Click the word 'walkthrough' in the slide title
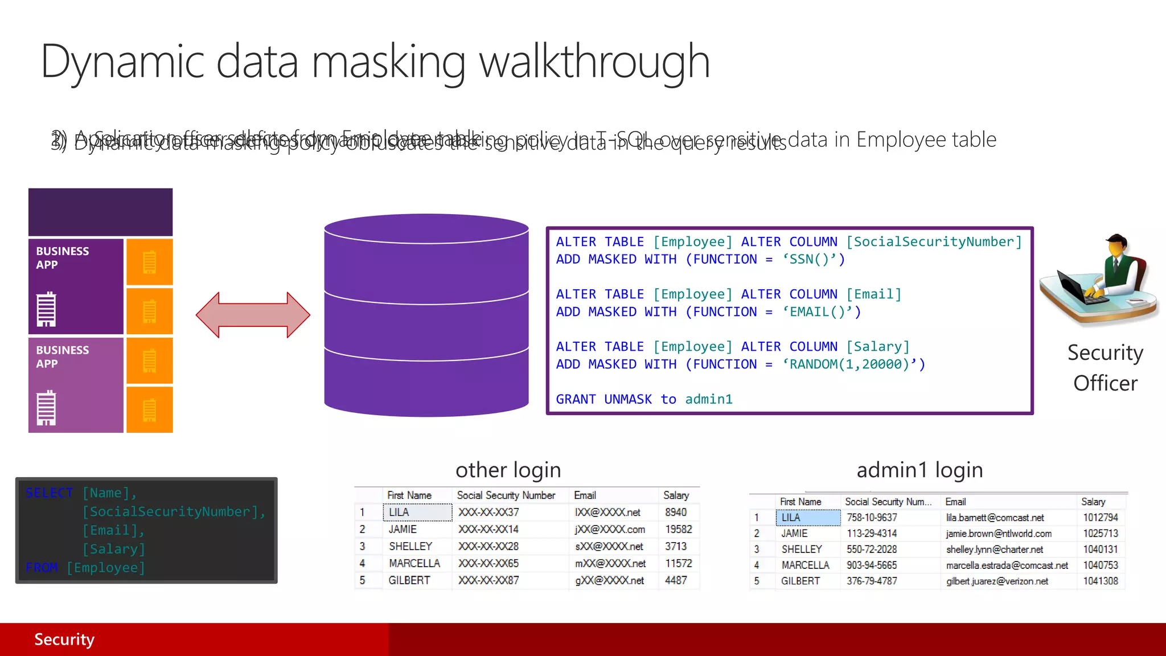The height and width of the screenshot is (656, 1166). (x=594, y=61)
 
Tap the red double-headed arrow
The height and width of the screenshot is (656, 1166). (x=253, y=315)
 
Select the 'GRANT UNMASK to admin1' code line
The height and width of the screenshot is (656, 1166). (x=644, y=399)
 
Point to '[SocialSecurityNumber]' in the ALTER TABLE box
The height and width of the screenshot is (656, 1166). (x=934, y=242)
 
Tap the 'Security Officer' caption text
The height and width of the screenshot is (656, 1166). (x=1105, y=368)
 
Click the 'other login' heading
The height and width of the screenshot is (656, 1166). (x=508, y=470)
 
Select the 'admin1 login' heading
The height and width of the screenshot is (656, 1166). (x=919, y=470)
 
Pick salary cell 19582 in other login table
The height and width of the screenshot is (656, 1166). (x=678, y=530)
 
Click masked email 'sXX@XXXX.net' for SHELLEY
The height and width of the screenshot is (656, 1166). (x=609, y=547)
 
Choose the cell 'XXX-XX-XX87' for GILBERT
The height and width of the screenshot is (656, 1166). (x=488, y=581)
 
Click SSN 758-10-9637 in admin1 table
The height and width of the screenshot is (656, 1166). (x=872, y=518)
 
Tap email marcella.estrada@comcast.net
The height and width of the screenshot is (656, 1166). (x=1007, y=565)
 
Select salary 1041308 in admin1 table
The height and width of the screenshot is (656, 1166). (x=1100, y=581)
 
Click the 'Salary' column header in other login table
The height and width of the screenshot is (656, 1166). (x=676, y=495)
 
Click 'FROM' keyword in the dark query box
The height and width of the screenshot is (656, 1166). (x=42, y=568)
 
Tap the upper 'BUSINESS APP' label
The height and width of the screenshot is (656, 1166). (x=63, y=258)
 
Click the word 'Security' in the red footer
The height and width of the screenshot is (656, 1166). (x=64, y=639)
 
